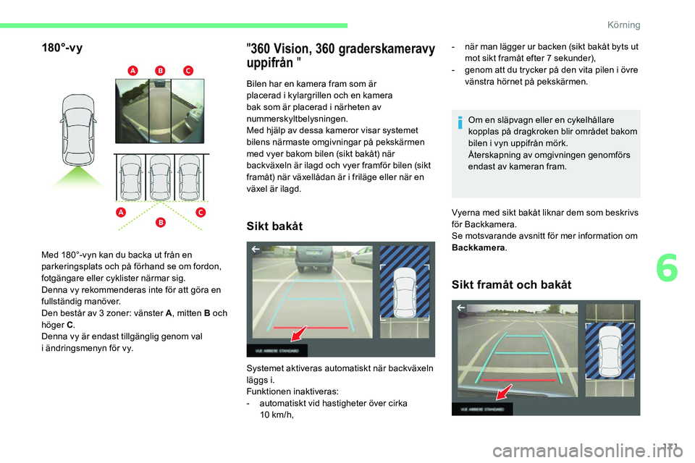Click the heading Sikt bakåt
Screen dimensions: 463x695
click(x=276, y=226)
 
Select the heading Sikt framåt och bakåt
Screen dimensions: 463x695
click(x=511, y=284)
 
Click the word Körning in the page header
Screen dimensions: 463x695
click(x=624, y=25)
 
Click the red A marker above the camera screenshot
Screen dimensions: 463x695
click(x=132, y=70)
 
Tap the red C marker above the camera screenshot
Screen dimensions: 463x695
click(x=188, y=70)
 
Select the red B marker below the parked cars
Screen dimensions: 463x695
click(x=160, y=221)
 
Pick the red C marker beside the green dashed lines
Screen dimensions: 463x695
click(x=200, y=212)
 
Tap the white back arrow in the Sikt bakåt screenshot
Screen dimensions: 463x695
click(x=256, y=250)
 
